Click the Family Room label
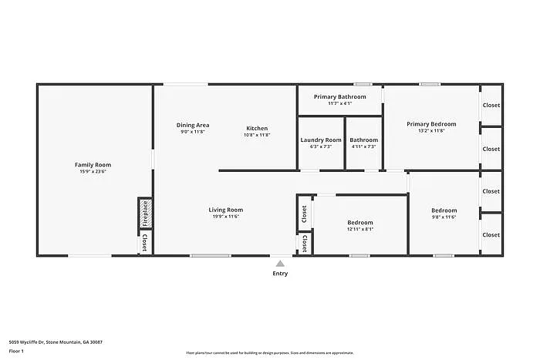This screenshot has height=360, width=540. pos(93,164)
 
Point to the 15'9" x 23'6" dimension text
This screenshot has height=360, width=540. pos(93,172)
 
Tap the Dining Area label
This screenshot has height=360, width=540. pos(193,125)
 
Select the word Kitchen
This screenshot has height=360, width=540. pos(257,128)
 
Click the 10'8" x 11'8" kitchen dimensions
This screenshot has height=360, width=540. pos(257,135)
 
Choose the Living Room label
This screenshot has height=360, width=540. pos(226,210)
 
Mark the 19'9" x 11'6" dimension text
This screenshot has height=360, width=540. pos(226,217)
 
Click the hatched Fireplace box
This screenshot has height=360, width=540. pos(144,214)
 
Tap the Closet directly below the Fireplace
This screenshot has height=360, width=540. pos(144,244)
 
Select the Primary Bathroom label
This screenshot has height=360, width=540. pos(339,96)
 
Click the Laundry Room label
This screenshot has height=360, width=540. pos(320,140)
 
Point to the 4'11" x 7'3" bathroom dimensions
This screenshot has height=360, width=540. pos(363,146)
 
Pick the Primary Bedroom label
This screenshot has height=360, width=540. pos(431,123)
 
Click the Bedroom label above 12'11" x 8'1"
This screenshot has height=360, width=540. pos(359,222)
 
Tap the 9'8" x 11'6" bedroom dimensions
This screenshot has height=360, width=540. pos(444,217)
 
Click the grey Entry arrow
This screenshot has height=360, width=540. pos(279,263)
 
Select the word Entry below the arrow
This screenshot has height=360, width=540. pos(279,274)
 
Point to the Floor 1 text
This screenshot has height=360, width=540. pos(17,352)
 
